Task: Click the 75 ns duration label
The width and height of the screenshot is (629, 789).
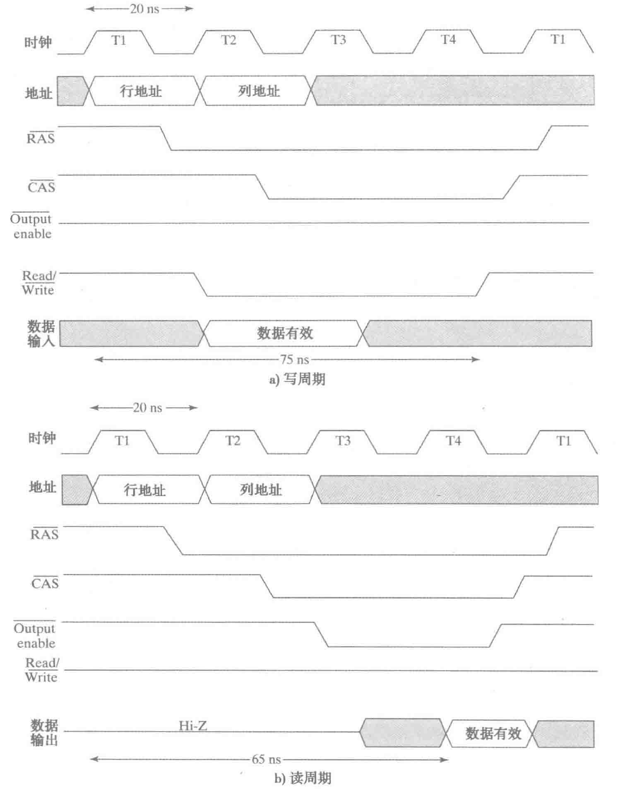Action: coord(294,360)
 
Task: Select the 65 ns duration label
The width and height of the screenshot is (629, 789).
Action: coord(266,759)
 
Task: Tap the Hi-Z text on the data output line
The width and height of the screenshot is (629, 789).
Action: coord(193,725)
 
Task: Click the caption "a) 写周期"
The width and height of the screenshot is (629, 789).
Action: coord(296,379)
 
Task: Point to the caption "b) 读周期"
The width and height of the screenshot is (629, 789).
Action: coord(302,778)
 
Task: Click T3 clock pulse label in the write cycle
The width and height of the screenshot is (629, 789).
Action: coord(339,40)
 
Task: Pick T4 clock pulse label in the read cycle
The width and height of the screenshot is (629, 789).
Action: coord(453,441)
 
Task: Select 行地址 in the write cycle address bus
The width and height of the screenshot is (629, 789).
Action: coord(141,91)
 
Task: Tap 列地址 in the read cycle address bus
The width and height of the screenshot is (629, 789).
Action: coord(261,490)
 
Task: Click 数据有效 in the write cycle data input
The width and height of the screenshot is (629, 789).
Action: coord(285,333)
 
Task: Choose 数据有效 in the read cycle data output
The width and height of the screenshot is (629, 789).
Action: coord(493,733)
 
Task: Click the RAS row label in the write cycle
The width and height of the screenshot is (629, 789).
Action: coord(40,139)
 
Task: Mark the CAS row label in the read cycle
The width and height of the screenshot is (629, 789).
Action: coord(45,582)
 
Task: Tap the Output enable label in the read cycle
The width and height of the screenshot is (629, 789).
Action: coord(35,635)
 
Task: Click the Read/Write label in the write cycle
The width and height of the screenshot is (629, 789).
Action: coord(38,283)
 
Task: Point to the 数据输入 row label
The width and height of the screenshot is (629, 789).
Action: coord(41,334)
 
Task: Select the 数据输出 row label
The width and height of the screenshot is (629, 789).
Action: coord(45,732)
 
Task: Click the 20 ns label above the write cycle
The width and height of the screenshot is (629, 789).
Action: coord(144,9)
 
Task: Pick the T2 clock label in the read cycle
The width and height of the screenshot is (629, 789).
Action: coord(233,441)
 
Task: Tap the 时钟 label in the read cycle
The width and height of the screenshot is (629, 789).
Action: coord(42,438)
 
